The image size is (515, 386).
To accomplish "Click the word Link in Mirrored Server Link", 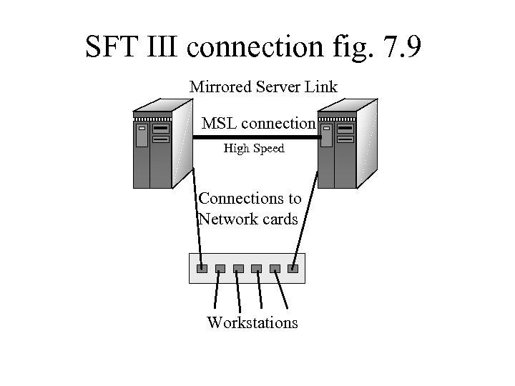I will [x=322, y=87].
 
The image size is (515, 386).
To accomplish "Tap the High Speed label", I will [x=254, y=149].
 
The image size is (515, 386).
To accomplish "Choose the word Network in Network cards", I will [x=227, y=219].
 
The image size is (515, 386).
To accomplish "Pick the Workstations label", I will [x=252, y=323].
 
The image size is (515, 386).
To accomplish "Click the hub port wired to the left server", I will [x=202, y=269].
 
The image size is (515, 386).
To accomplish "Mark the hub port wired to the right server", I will [x=293, y=269].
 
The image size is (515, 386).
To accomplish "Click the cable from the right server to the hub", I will [x=305, y=214].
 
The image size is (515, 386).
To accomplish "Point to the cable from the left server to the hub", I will [x=197, y=214].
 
